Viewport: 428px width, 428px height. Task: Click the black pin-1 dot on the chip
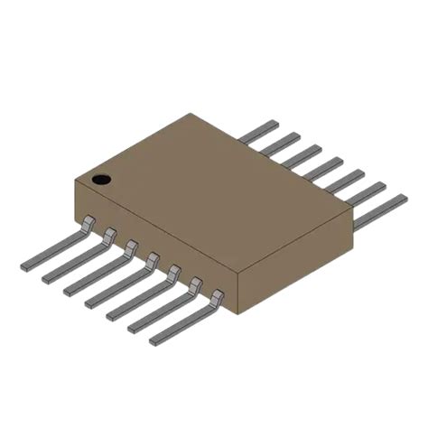[102, 180]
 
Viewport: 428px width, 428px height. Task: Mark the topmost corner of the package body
[191, 114]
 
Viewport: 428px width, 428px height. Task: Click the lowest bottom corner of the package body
[237, 314]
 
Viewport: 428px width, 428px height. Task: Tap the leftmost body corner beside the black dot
[74, 183]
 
